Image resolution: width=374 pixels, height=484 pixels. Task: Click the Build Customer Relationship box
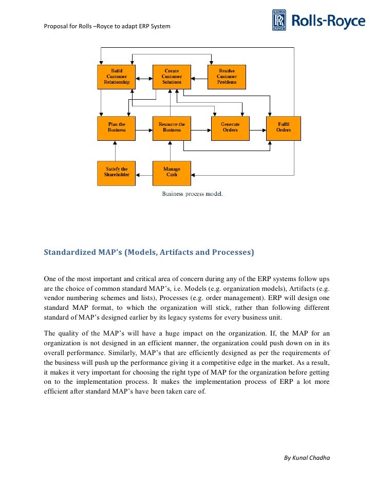(117, 77)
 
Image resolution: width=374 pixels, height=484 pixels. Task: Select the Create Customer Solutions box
(172, 77)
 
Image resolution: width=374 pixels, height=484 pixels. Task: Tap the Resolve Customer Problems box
(227, 77)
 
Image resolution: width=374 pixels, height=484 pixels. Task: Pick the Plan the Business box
(117, 128)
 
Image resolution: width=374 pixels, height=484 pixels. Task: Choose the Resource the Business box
(172, 128)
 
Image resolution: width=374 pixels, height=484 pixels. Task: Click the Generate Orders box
(230, 128)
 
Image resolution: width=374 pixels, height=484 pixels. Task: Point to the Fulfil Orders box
(283, 128)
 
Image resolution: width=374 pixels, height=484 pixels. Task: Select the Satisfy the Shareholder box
(117, 173)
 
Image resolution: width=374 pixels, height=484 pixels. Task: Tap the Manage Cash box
(172, 173)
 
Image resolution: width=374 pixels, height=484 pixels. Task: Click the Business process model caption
(193, 194)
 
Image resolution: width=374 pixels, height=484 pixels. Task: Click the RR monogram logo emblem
(279, 21)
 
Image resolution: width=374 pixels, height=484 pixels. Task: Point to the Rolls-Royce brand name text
(328, 21)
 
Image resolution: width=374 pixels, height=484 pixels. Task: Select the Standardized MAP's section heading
(149, 253)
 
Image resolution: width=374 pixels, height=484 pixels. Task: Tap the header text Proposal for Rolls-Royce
(107, 26)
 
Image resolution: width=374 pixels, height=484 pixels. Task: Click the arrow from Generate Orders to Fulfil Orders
(257, 128)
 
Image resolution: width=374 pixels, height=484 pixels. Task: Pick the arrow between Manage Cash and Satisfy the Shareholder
(144, 173)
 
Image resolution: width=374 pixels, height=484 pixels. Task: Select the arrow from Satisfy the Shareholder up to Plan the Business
(117, 151)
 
